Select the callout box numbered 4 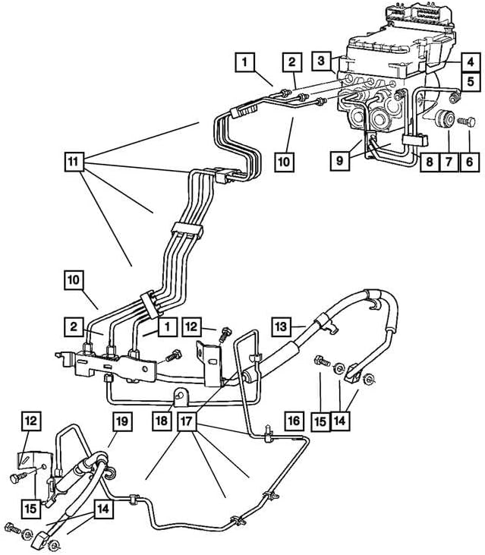[471, 62]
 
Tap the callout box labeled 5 [471, 80]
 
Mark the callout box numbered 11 [73, 161]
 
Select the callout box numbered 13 [282, 326]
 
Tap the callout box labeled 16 [294, 420]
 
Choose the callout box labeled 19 [123, 420]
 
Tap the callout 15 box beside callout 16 [320, 420]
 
